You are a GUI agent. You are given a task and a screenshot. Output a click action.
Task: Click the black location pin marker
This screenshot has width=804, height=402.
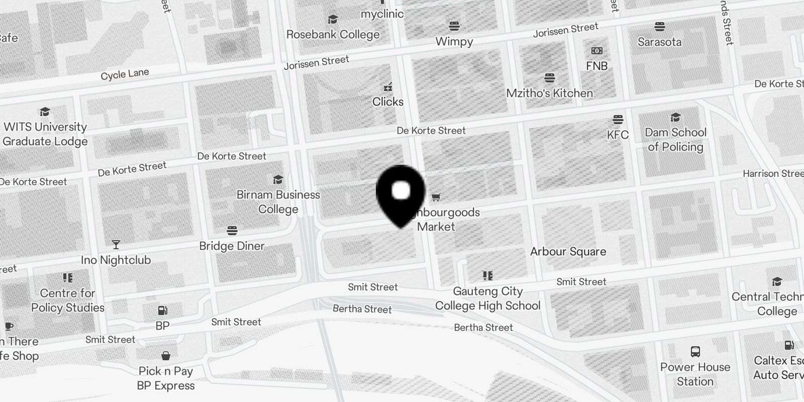point(400,193)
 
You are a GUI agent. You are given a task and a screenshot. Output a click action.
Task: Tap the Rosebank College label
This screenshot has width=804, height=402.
point(333,35)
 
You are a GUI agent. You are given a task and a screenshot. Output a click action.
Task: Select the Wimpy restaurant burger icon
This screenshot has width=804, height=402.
point(454,26)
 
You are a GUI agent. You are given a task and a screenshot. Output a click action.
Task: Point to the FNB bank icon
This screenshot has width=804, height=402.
point(596,51)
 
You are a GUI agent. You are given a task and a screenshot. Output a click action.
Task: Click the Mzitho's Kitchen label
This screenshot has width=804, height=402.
point(549,93)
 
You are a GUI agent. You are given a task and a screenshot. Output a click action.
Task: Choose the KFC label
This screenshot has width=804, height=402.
point(618,135)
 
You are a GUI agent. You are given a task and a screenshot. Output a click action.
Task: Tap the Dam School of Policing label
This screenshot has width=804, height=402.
point(675,140)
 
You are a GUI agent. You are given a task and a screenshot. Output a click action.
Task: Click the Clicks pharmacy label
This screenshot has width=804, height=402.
point(387,102)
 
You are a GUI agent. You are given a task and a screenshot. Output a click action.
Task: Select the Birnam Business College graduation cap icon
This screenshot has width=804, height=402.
point(278,180)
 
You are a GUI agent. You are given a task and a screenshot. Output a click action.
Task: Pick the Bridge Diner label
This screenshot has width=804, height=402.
point(232,246)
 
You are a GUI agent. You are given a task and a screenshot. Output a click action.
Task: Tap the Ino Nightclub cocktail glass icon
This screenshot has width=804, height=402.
point(116,245)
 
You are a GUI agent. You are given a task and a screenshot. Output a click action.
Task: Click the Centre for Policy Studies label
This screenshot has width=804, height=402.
point(67,300)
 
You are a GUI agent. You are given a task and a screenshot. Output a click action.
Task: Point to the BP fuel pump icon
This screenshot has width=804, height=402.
point(162,311)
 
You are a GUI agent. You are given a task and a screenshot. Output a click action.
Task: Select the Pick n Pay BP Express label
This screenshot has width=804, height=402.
point(166,378)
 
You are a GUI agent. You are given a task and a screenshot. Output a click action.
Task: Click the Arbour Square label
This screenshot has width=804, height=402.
point(568,252)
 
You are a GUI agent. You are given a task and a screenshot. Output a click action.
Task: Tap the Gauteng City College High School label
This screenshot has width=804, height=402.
point(487,298)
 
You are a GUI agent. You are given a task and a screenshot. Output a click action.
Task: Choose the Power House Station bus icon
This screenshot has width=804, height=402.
point(695,352)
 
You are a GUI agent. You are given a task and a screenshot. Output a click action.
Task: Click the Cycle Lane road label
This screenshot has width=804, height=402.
point(125,74)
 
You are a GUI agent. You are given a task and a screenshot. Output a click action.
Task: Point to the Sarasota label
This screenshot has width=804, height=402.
point(659,42)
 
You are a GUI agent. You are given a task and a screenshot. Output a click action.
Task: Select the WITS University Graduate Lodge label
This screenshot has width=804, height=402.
point(45,134)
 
